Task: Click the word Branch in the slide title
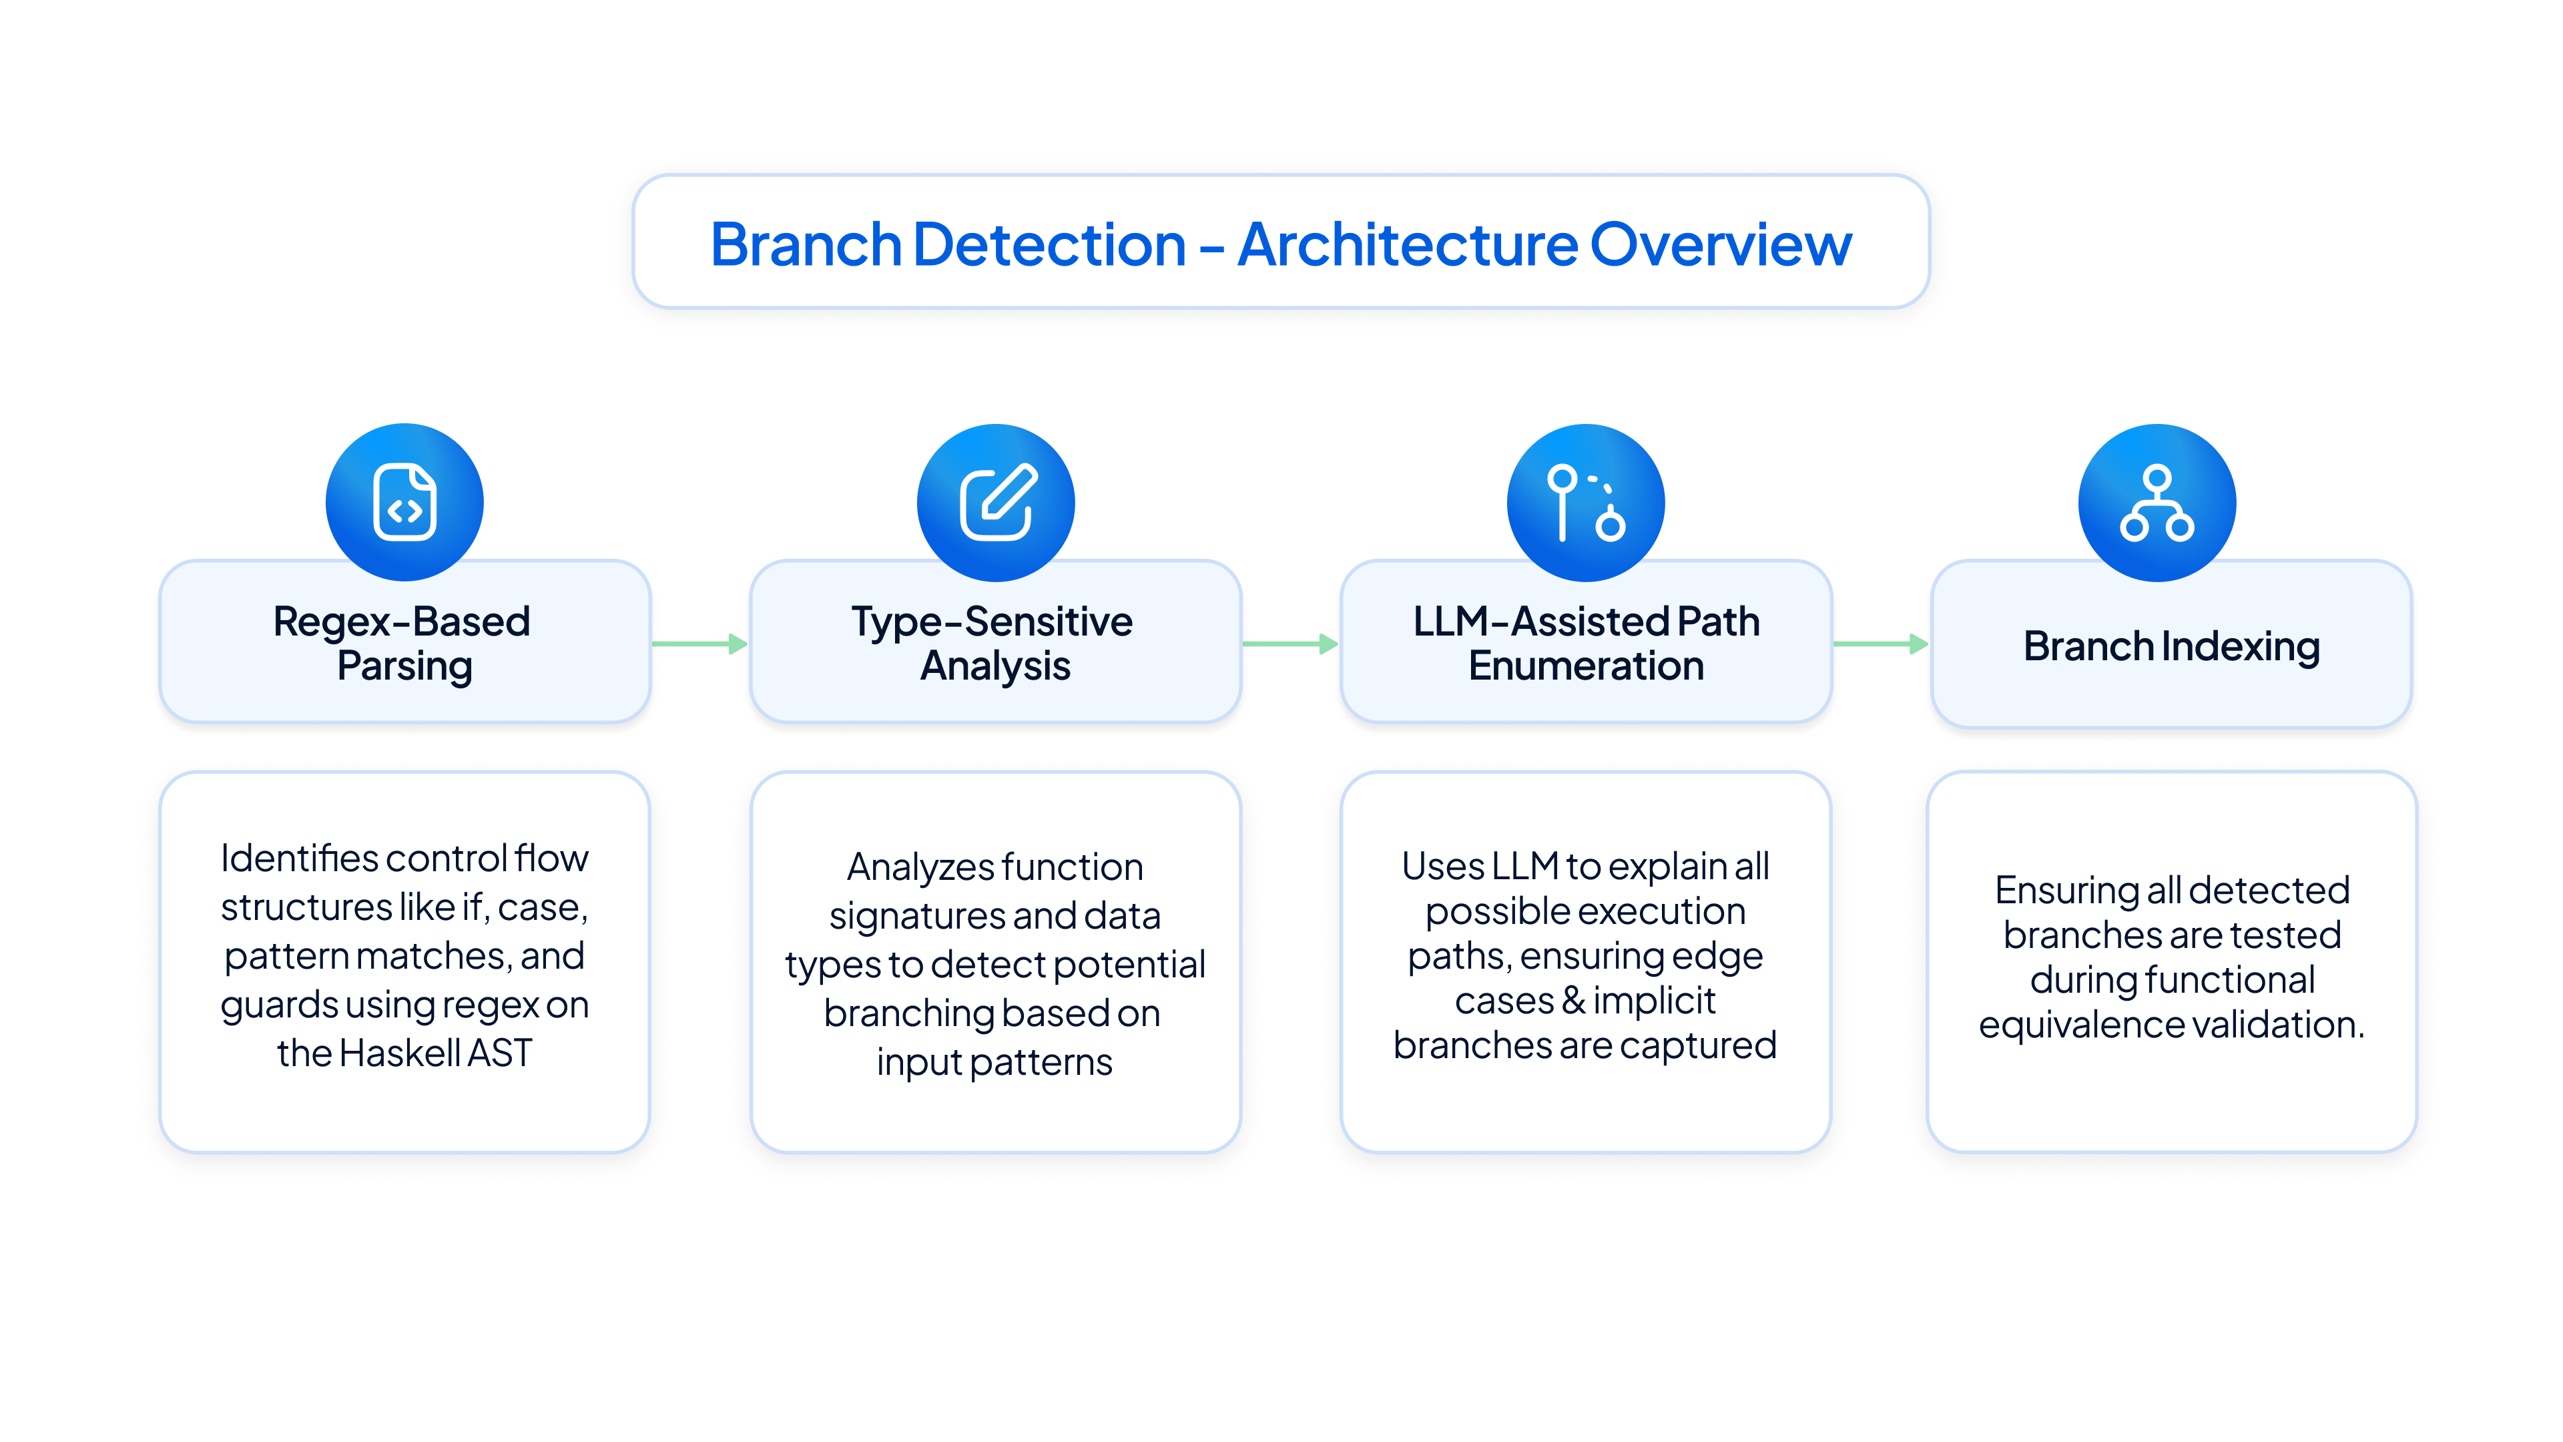pos(806,245)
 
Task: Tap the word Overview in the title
pos(1721,245)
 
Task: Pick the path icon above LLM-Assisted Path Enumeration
pos(1586,503)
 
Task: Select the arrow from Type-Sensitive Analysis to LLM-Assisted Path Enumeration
pos(1290,644)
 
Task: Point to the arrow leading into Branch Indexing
pos(1880,644)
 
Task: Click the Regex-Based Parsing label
pos(403,644)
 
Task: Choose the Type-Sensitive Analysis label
pos(993,644)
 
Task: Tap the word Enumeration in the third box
pos(1586,666)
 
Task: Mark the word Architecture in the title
pos(1407,245)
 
